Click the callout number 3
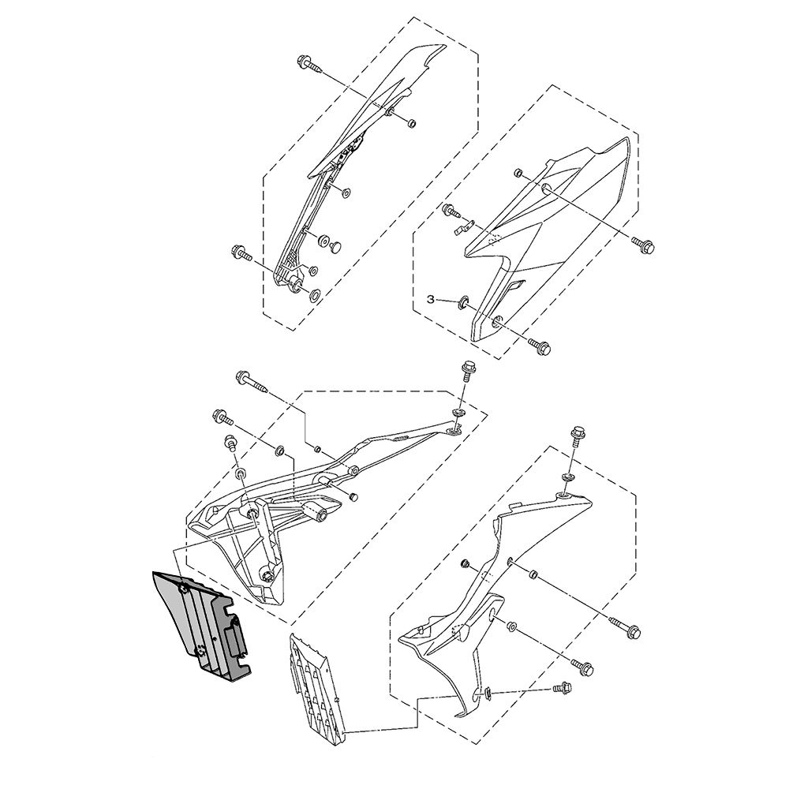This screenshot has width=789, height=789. [430, 299]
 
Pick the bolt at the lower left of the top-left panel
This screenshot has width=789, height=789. [239, 253]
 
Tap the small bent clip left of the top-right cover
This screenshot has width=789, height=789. [466, 228]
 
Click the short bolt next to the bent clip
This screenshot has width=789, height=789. [452, 211]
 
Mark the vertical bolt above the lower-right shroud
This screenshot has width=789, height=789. [576, 436]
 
